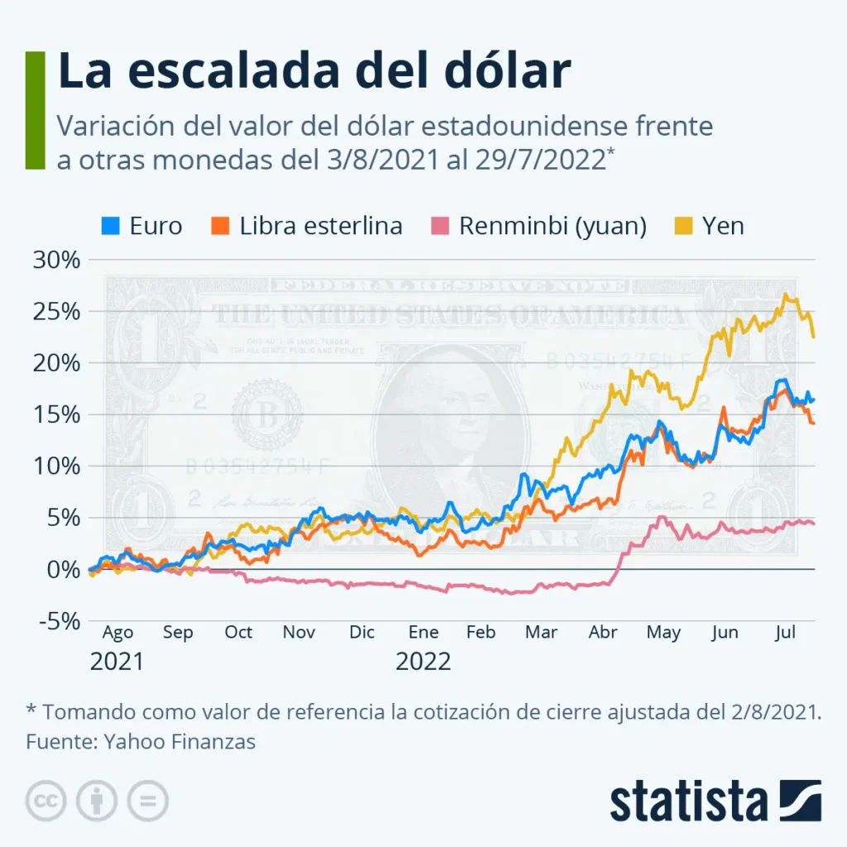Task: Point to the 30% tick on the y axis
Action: coord(55,260)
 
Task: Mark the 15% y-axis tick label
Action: coord(55,414)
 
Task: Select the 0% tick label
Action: coord(63,570)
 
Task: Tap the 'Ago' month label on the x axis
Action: coord(117,633)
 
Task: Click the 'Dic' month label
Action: coord(361,633)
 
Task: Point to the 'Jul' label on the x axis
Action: coord(785,633)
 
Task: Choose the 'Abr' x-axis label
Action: coord(603,633)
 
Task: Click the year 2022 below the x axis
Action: coord(423,662)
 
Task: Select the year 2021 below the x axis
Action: coord(117,662)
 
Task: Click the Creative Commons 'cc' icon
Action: coord(46,800)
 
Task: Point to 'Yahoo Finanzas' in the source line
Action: coord(179,741)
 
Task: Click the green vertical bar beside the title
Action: coord(35,109)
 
